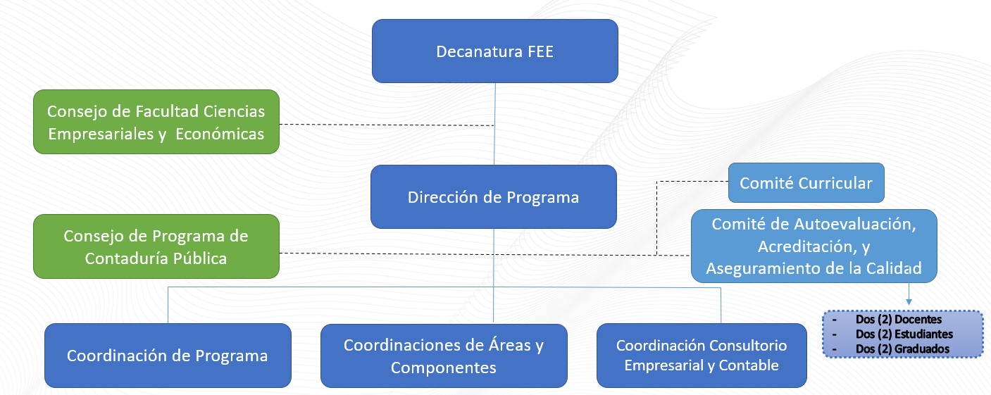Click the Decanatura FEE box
click(494, 51)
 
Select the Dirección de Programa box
click(493, 197)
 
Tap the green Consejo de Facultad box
click(156, 122)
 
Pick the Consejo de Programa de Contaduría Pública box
click(156, 246)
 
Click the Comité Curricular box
click(806, 183)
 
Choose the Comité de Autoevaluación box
click(814, 246)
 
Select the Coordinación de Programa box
click(168, 356)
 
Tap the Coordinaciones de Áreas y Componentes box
click(444, 356)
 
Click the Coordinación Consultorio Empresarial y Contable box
click(702, 356)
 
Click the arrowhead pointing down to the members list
click(908, 302)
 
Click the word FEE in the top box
click(539, 52)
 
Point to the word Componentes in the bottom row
click(444, 368)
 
